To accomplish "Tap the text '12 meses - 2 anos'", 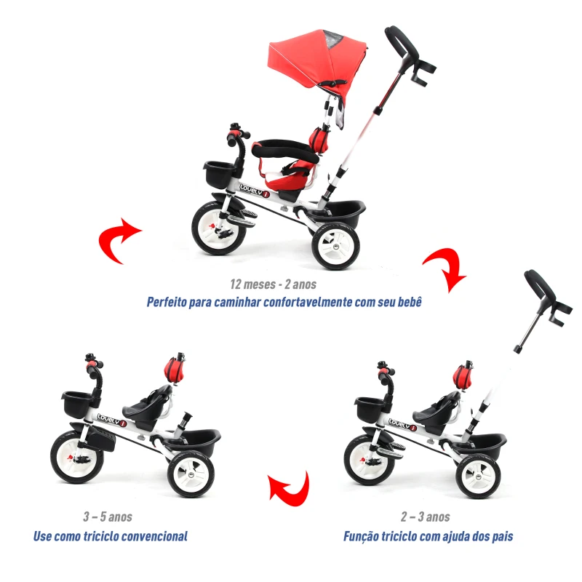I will pos(274,284).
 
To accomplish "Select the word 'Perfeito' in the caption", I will pos(170,301).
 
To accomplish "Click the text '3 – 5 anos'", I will pos(107,517).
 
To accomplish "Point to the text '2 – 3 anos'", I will pos(425,517).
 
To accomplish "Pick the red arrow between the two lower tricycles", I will pos(289,487).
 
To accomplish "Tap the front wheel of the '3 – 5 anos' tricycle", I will pos(76,457).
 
